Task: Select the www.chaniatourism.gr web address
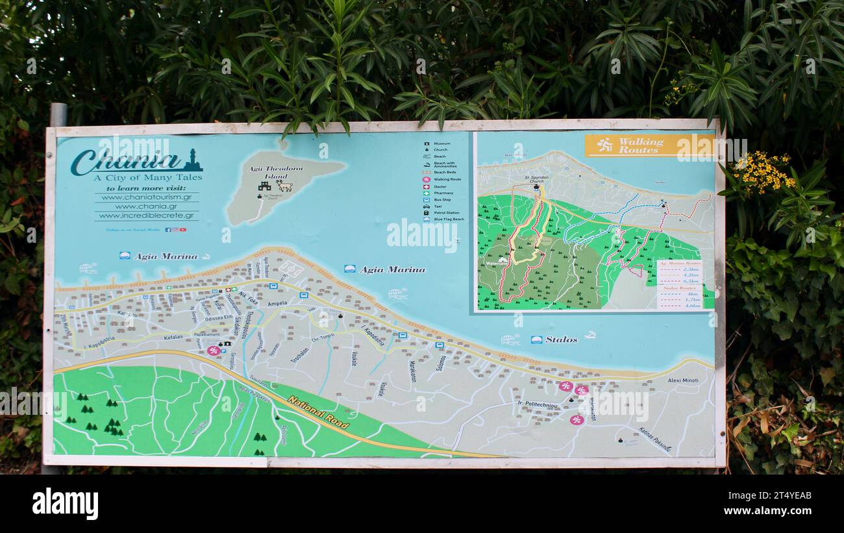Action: [146, 197]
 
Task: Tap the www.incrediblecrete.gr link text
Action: [146, 216]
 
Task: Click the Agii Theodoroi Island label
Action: [267, 172]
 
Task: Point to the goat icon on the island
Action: [284, 186]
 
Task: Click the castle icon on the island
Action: [264, 186]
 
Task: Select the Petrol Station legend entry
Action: [445, 213]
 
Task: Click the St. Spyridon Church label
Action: [537, 179]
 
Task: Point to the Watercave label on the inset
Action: [496, 264]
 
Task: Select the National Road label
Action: [318, 413]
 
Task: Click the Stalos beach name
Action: [561, 340]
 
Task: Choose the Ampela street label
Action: [277, 304]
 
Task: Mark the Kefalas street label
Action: [173, 338]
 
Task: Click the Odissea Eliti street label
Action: [218, 317]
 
